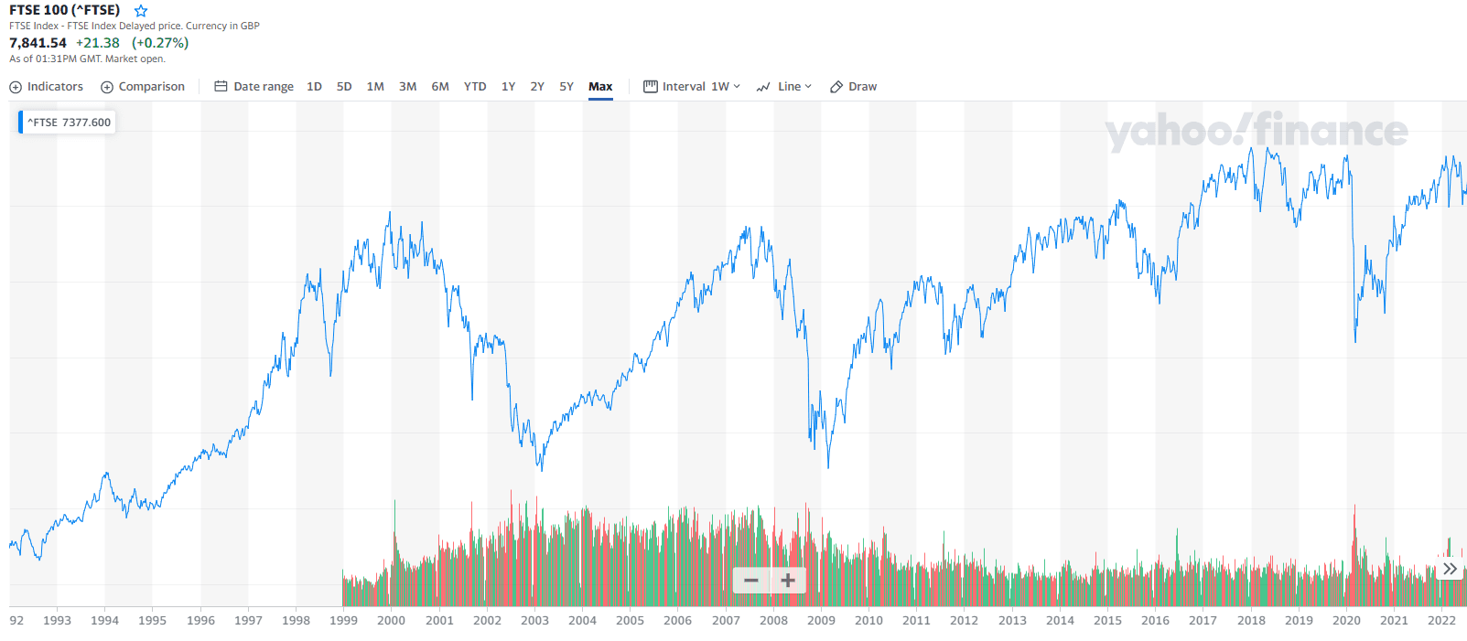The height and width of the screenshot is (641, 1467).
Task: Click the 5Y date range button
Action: click(x=566, y=87)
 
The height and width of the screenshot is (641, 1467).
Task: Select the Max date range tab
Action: click(x=600, y=87)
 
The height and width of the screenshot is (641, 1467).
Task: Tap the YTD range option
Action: click(x=475, y=87)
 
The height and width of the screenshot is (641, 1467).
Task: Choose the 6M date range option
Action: click(x=440, y=87)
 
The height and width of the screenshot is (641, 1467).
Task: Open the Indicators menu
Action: click(x=47, y=87)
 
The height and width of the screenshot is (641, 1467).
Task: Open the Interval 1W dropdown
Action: click(x=692, y=87)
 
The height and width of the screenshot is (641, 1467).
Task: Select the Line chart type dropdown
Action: click(x=784, y=87)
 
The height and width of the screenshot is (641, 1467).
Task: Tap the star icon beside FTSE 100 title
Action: click(x=141, y=11)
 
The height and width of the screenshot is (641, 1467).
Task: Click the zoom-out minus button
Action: click(x=751, y=581)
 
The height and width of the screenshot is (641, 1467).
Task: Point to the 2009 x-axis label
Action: click(x=821, y=621)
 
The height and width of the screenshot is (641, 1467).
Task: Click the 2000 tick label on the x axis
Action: click(x=391, y=621)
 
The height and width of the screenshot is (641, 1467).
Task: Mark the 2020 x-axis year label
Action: click(x=1346, y=621)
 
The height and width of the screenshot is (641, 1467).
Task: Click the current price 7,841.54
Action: click(x=38, y=43)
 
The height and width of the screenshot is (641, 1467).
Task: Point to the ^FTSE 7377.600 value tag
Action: click(x=69, y=123)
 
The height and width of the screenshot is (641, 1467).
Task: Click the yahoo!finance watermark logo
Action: click(x=1257, y=132)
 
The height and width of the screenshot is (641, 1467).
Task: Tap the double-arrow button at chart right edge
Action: click(x=1450, y=569)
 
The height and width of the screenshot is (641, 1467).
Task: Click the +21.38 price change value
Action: click(x=98, y=43)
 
